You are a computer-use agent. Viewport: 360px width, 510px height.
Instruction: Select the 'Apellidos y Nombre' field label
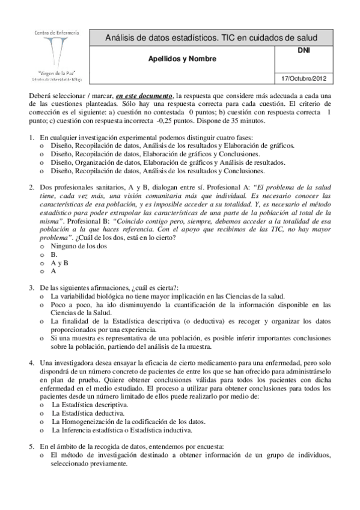tap(178, 59)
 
